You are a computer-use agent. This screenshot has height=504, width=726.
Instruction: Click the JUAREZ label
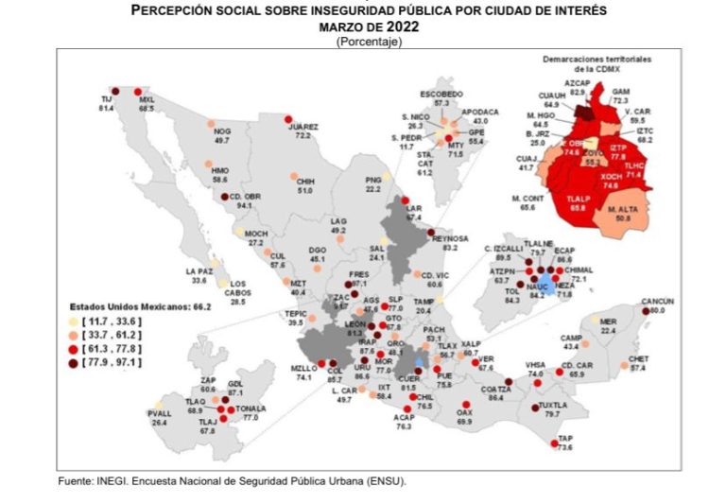[x=303, y=126]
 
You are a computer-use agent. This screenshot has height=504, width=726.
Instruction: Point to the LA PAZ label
[x=199, y=271]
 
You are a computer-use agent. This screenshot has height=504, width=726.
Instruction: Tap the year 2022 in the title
[x=401, y=27]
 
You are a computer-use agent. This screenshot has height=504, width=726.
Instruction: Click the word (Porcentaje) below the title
[x=369, y=41]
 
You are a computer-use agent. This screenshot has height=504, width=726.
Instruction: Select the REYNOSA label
[x=450, y=238]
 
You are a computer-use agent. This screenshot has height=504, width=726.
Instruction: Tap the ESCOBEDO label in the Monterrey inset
[x=441, y=94]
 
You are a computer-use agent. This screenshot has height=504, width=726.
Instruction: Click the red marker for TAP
[x=554, y=443]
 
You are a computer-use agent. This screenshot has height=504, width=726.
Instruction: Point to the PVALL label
[x=161, y=413]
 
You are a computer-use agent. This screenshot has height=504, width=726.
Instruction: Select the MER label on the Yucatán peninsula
[x=608, y=321]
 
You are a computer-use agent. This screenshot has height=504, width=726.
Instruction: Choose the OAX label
[x=464, y=412]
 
